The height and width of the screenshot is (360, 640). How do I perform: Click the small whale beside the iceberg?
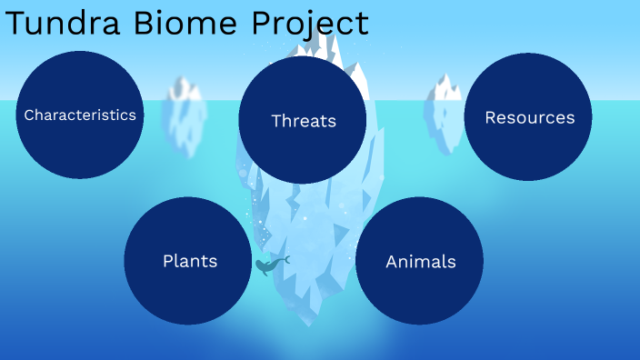pos(270,265)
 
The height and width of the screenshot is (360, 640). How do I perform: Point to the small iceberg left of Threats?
pos(184,114)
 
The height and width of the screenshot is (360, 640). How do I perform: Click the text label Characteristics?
pos(80,115)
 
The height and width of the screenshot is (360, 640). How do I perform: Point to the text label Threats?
pos(304,121)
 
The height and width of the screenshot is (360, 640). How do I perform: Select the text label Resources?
pos(529,117)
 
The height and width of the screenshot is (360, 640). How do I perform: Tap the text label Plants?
pos(190,261)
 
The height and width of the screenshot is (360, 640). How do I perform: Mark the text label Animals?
pos(421,262)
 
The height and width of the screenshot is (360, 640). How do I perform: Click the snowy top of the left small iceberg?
pos(186,88)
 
